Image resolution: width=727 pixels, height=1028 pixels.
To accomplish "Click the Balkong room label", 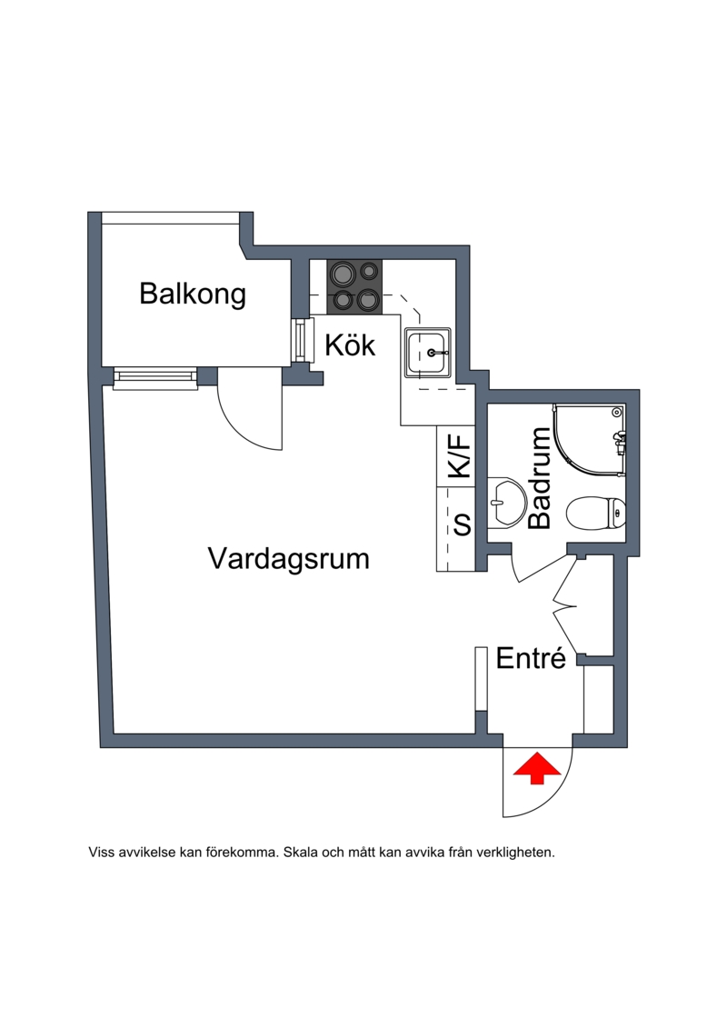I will coord(193,294).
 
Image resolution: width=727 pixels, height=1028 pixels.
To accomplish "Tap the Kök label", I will coord(350,345).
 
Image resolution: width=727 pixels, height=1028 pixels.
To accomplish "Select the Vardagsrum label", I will coord(289,557).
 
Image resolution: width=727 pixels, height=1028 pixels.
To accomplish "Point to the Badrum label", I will coord(540,479).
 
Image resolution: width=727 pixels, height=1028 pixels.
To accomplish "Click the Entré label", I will coord(532,659).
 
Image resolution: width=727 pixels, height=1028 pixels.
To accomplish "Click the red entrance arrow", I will coord(537,767).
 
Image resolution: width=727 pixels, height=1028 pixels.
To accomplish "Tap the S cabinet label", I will coord(462,524).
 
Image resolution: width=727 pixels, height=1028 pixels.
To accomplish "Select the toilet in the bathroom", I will coord(595,514).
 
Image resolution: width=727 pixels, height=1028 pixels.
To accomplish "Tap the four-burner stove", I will coord(354,285).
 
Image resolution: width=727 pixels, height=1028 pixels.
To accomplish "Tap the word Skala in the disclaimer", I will coord(300,853).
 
